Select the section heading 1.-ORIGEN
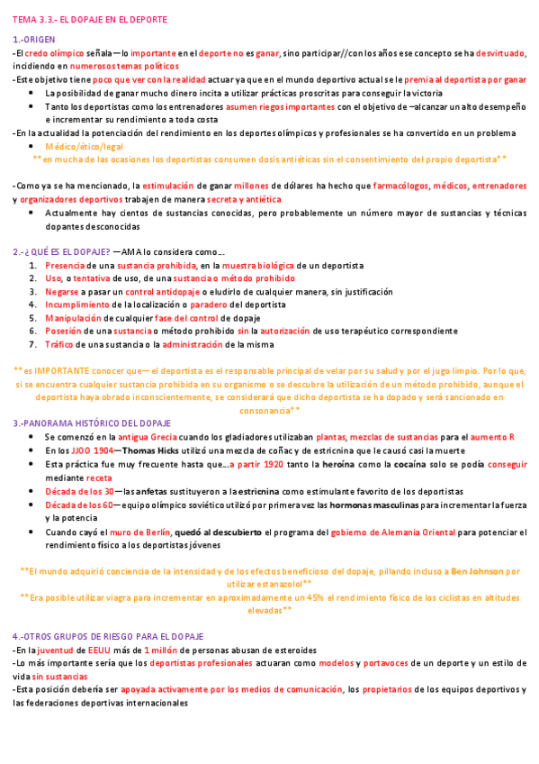click(x=34, y=41)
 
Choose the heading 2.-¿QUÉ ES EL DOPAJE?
click(x=61, y=251)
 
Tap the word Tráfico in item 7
click(x=60, y=344)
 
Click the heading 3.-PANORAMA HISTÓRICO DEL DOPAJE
click(x=94, y=423)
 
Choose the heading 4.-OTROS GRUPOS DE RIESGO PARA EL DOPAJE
click(x=108, y=636)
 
